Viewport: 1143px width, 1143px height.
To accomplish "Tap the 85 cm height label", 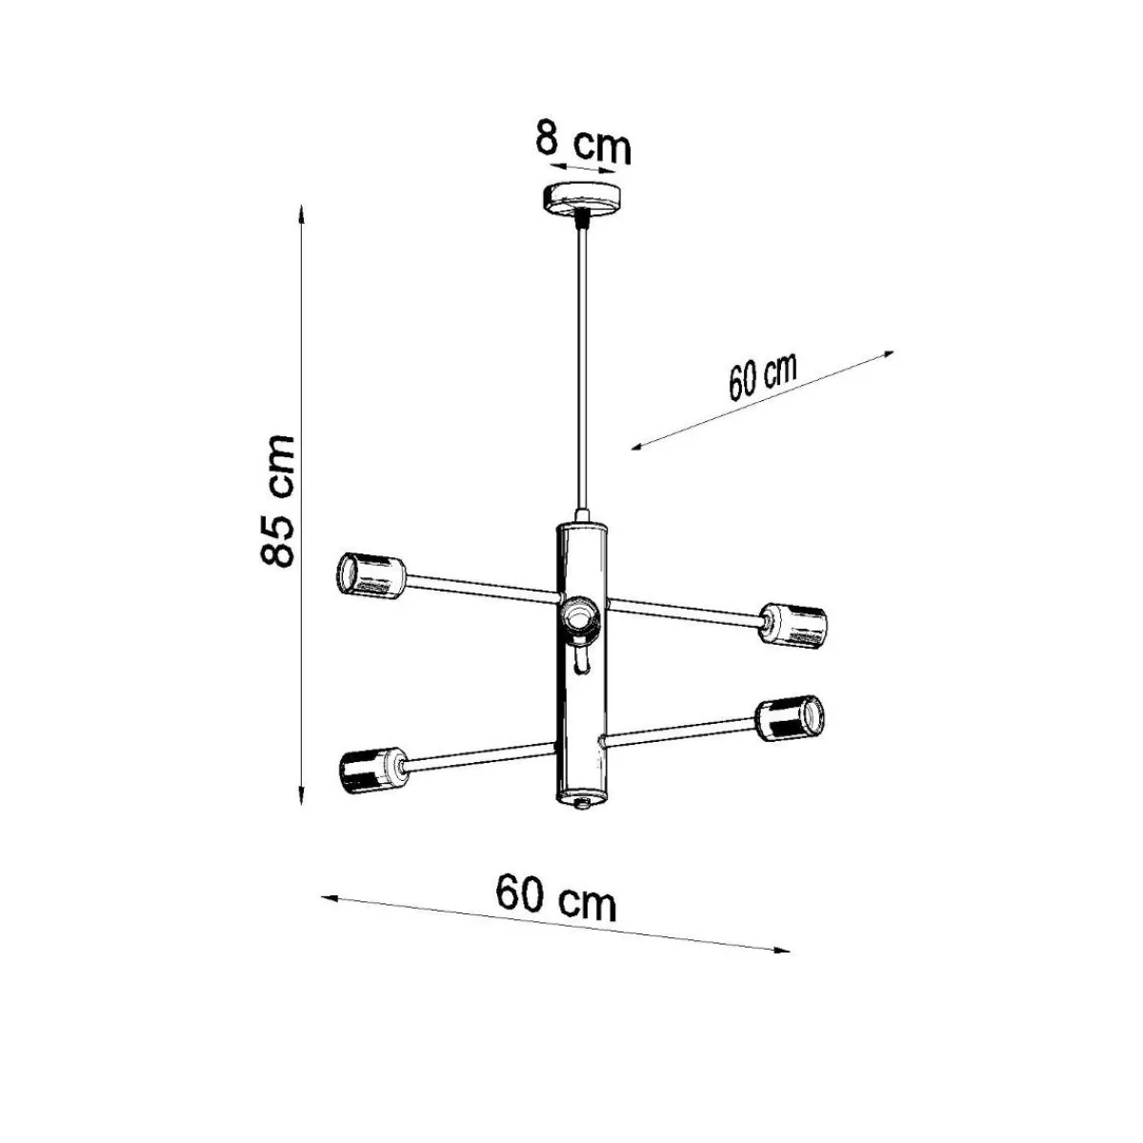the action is coord(277,500).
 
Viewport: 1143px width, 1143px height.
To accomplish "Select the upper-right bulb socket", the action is coord(793,625).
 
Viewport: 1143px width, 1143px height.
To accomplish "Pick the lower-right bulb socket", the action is coord(791,718).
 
